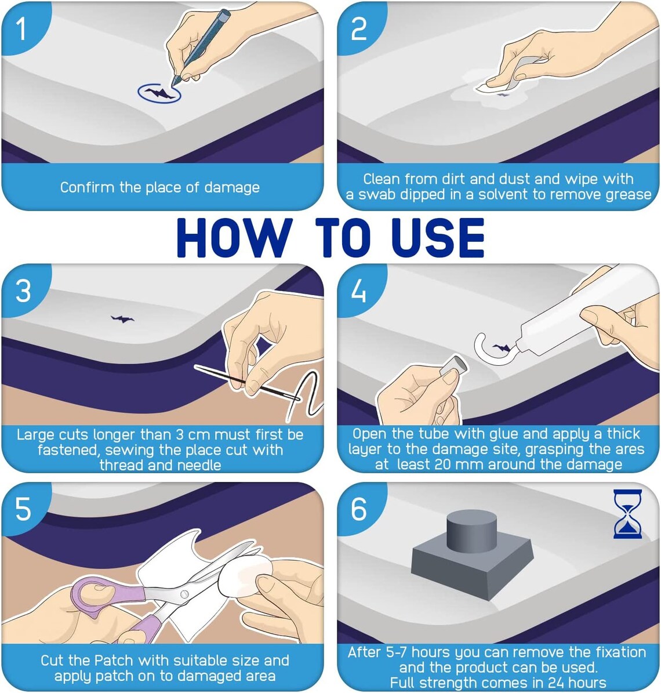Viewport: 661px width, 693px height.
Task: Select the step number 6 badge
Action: pyautogui.click(x=359, y=509)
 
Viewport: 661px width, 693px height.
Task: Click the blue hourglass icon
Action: pyautogui.click(x=628, y=513)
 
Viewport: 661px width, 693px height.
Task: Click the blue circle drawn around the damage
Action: pyautogui.click(x=159, y=93)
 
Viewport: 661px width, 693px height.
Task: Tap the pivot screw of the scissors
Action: pyautogui.click(x=184, y=594)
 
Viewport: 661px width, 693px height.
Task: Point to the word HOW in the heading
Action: pyautogui.click(x=232, y=238)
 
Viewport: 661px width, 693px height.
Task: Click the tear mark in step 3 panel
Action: pyautogui.click(x=122, y=318)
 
